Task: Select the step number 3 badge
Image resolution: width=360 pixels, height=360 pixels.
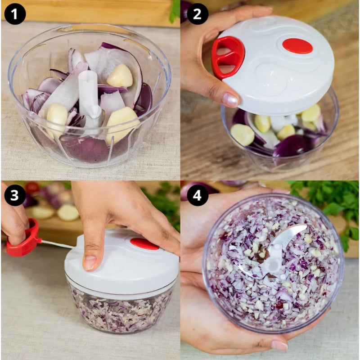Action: click(x=15, y=195)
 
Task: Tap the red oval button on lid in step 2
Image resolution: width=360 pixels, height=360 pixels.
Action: click(x=297, y=46)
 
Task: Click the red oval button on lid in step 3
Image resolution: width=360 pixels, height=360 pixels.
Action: click(x=144, y=243)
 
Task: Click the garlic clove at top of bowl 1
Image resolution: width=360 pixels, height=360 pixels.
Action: click(x=120, y=76)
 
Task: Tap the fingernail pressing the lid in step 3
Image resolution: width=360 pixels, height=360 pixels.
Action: click(x=90, y=263)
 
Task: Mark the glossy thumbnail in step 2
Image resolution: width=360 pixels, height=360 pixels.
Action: click(x=230, y=100)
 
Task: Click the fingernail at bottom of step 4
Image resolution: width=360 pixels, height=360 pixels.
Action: click(x=279, y=345)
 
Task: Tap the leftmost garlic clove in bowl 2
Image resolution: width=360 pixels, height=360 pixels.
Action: click(x=243, y=135)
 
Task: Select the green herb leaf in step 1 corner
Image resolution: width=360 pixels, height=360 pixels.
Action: click(x=175, y=11)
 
